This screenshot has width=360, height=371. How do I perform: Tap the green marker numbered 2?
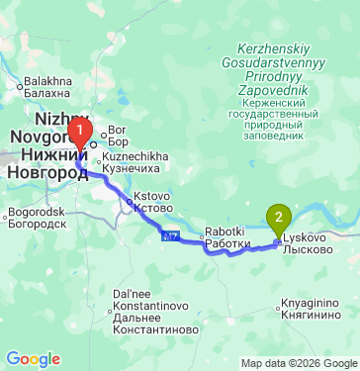point(280,217)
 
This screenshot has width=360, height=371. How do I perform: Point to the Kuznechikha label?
point(136,161)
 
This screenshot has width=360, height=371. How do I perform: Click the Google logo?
point(33,359)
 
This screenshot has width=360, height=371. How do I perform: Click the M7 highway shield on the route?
point(170,235)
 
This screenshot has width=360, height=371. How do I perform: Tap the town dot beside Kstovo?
point(129,202)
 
